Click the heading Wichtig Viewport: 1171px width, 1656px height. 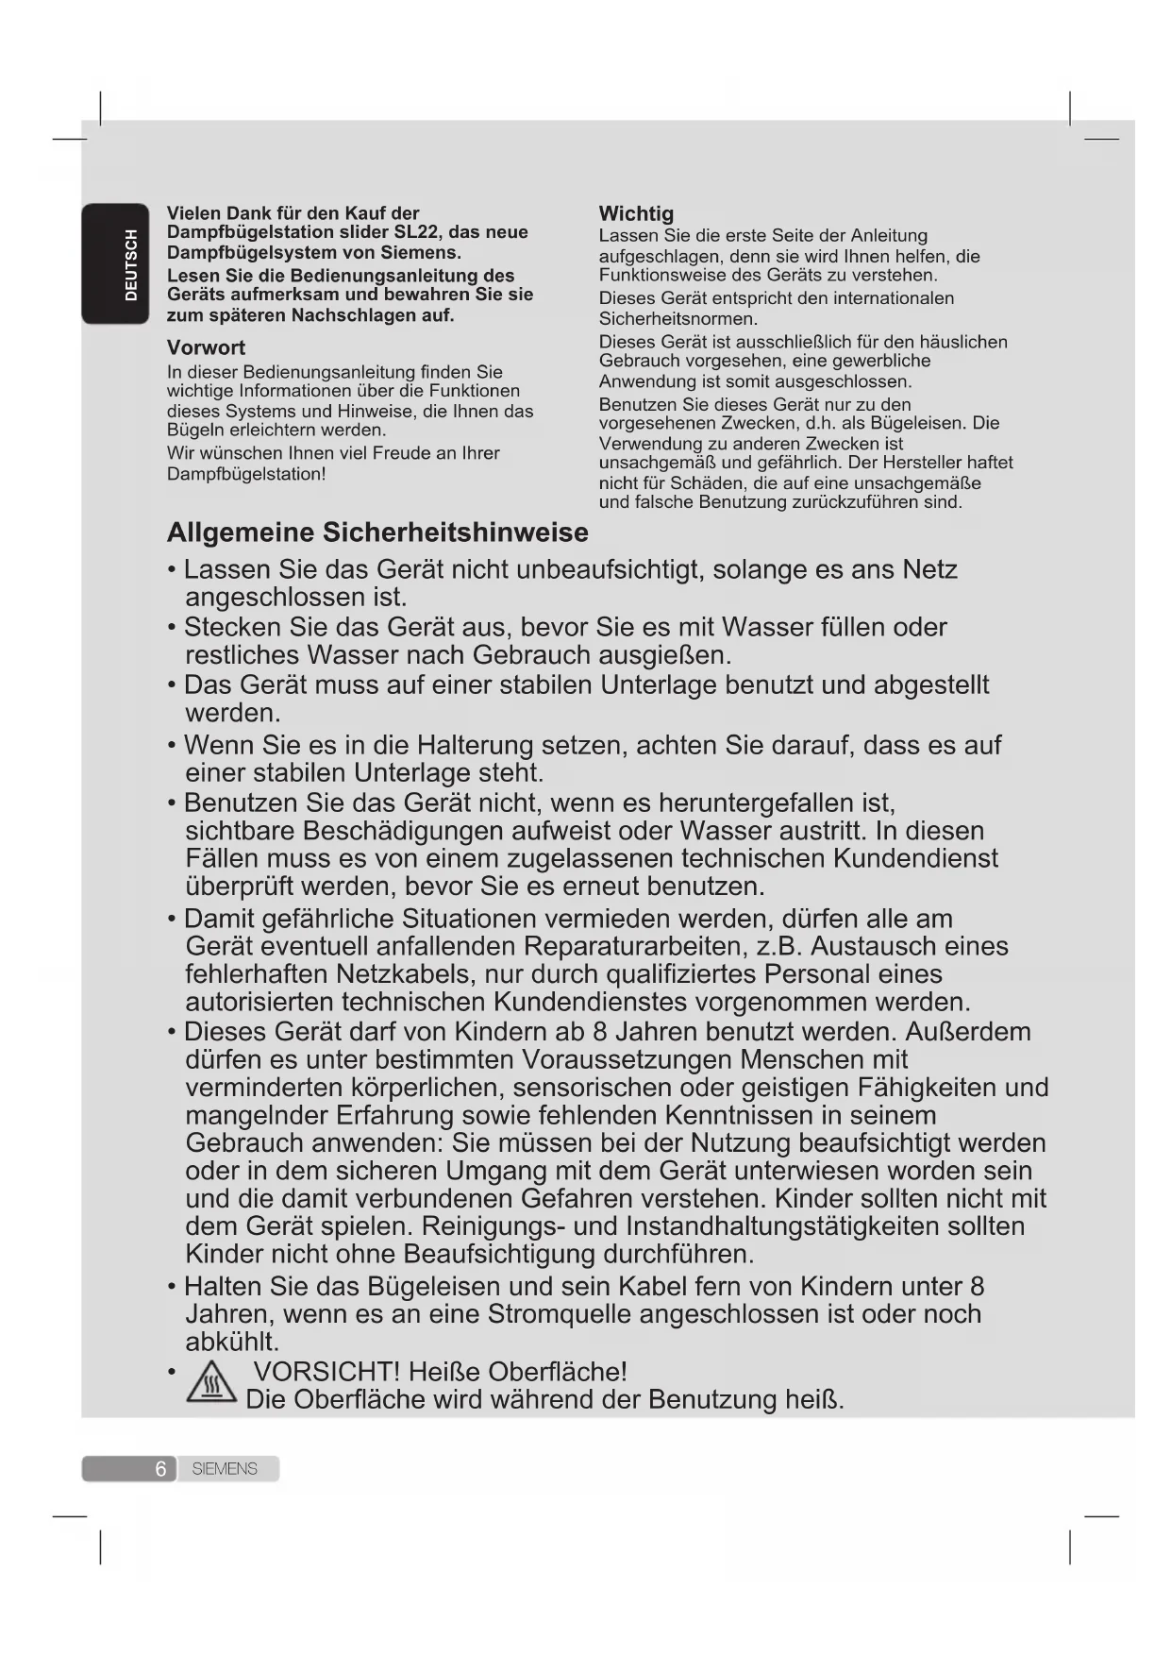pos(636,213)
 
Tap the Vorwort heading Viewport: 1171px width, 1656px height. pos(206,347)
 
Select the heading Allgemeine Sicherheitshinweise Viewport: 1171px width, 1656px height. pos(377,532)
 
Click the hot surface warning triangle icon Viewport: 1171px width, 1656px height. pos(211,1385)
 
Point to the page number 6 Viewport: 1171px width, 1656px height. pos(160,1469)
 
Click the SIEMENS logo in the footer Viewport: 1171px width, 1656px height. pos(225,1469)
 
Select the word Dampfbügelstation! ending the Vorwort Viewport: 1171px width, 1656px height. pos(246,474)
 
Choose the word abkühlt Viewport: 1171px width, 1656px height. pos(232,1343)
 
